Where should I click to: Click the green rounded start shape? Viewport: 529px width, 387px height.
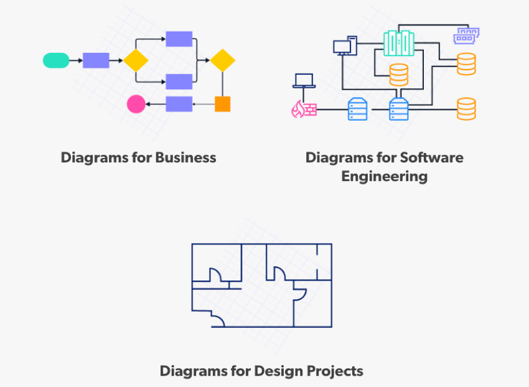56,60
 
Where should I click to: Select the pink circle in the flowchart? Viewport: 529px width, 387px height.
136,104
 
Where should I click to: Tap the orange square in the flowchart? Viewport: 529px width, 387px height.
222,104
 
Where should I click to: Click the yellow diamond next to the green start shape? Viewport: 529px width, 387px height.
136,60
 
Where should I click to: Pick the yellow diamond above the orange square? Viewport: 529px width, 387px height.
222,60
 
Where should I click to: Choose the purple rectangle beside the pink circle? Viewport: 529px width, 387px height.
179,104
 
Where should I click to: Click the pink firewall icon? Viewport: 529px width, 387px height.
304,110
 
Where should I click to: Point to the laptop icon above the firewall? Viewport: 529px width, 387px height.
304,80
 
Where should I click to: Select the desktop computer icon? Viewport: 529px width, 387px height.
344,47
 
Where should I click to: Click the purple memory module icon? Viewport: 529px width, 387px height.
469,35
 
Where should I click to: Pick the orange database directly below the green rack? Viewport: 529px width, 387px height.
398,75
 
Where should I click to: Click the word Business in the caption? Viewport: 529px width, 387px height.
185,157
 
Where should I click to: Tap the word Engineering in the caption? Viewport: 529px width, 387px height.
384,176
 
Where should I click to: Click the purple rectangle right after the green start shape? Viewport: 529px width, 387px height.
96,60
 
